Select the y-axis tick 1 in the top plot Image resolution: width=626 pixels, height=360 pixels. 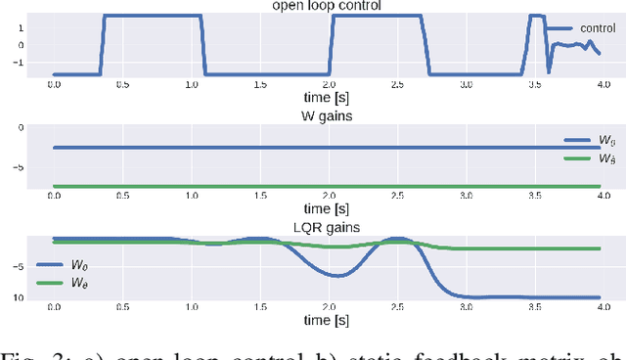[35, 27]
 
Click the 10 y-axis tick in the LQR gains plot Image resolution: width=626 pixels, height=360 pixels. [33, 297]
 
